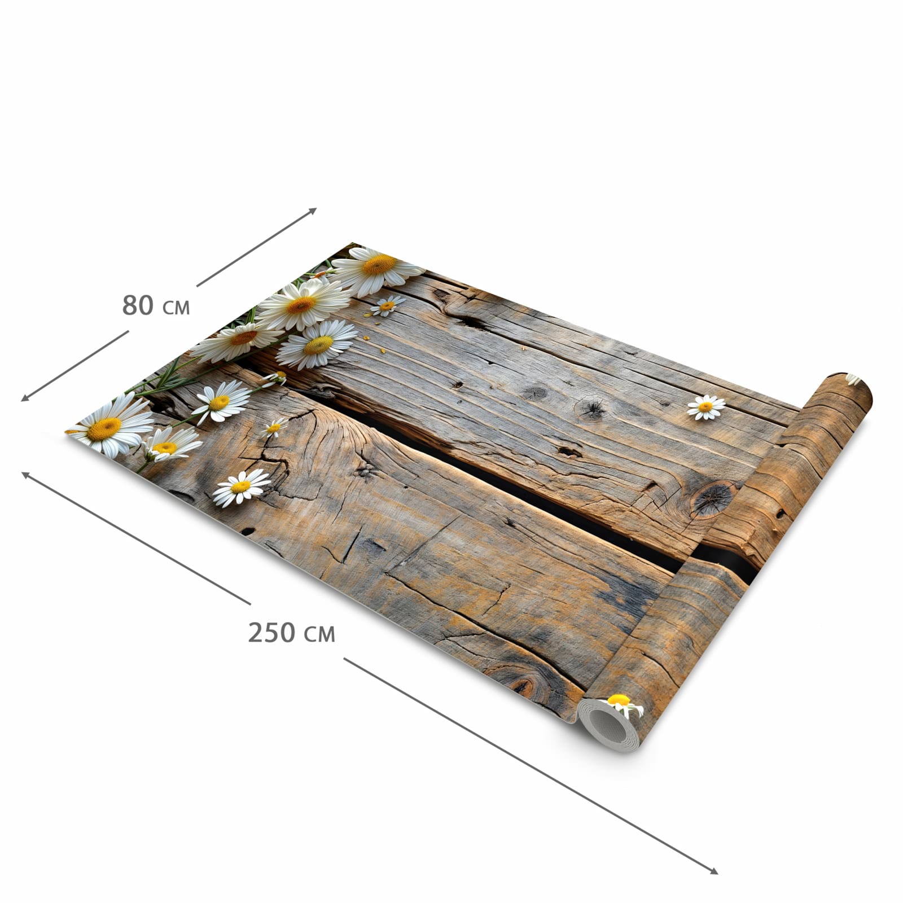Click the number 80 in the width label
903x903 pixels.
click(138, 305)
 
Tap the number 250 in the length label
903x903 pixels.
click(271, 632)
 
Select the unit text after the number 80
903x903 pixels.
click(176, 308)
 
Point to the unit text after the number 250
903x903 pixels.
click(319, 635)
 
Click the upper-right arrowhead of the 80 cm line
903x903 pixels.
click(312, 211)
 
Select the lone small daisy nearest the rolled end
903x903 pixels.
click(705, 407)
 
